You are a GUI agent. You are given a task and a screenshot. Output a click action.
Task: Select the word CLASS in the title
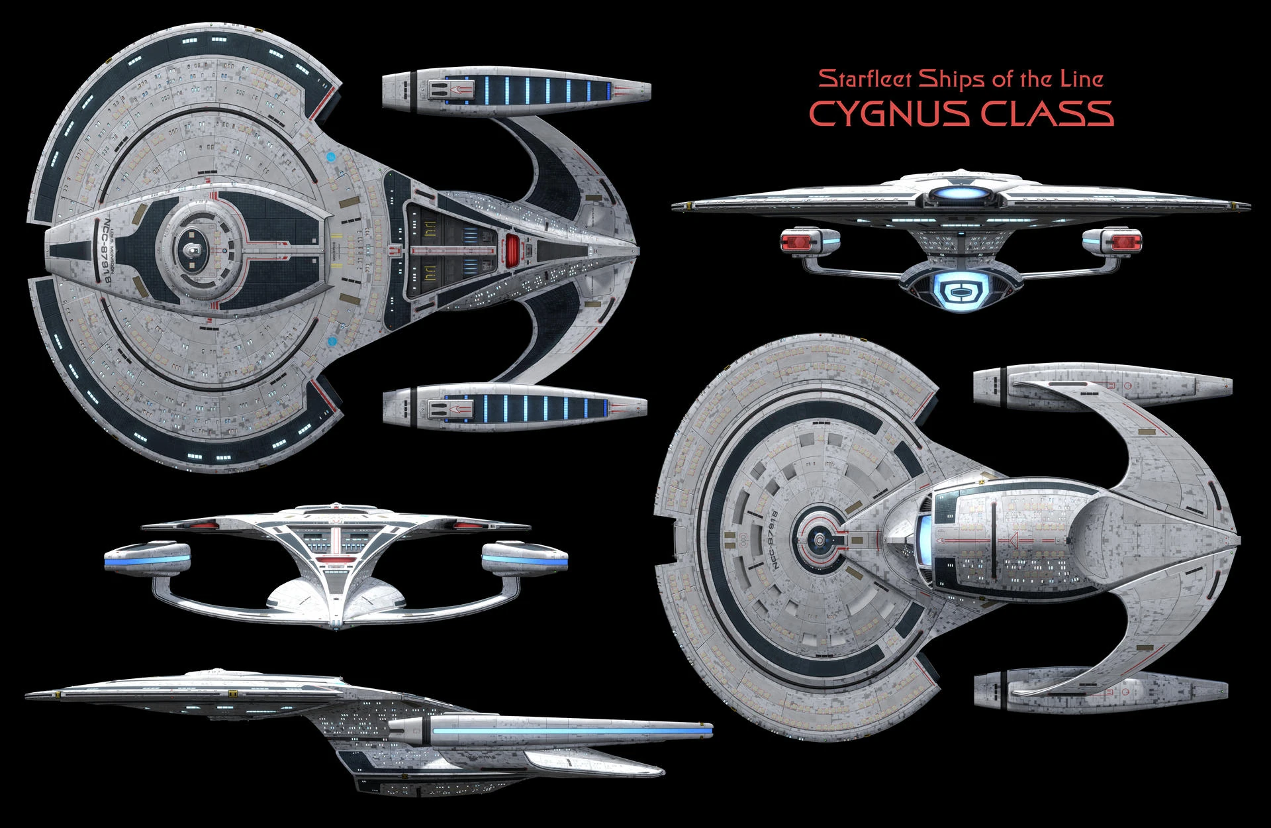pyautogui.click(x=1047, y=113)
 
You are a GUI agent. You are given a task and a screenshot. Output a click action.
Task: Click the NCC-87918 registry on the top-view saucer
pyautogui.click(x=104, y=252)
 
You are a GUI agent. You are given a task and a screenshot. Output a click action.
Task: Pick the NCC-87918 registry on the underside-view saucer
pyautogui.click(x=775, y=540)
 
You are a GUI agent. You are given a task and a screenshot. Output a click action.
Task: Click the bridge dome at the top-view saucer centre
pyautogui.click(x=192, y=250)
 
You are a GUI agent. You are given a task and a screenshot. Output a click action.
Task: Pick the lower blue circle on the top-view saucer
pyautogui.click(x=332, y=342)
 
